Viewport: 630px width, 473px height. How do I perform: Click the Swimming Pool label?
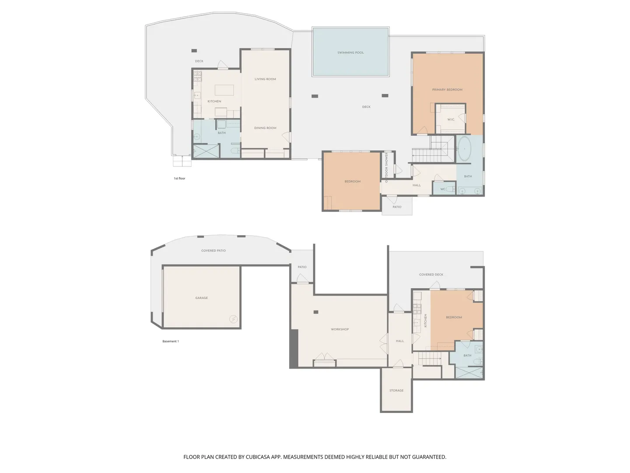coord(350,53)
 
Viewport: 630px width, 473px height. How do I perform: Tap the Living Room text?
coord(265,79)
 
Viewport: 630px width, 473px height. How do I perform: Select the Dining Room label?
coord(265,128)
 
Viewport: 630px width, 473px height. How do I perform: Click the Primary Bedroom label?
coord(447,90)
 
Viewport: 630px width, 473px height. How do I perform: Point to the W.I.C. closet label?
coord(451,120)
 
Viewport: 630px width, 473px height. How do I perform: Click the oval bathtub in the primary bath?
coord(464,148)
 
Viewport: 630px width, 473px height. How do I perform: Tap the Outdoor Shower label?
coord(387,167)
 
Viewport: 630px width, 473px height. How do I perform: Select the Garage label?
coord(202,298)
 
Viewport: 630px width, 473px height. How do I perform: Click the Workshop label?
coord(340,329)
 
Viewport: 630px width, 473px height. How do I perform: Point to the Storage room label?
coord(396,390)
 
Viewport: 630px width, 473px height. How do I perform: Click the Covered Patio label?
coord(213,251)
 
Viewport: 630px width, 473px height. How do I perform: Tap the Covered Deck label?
coord(431,275)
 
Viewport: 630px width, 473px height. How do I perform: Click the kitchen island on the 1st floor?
coord(224,90)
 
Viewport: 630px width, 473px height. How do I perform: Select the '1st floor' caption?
coord(179,178)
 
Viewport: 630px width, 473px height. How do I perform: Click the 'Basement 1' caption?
coord(171,341)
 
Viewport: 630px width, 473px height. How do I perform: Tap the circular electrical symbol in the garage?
coord(233,319)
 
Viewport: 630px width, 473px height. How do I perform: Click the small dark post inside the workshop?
coord(316,312)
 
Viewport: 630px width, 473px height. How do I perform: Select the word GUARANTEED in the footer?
coord(429,457)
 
